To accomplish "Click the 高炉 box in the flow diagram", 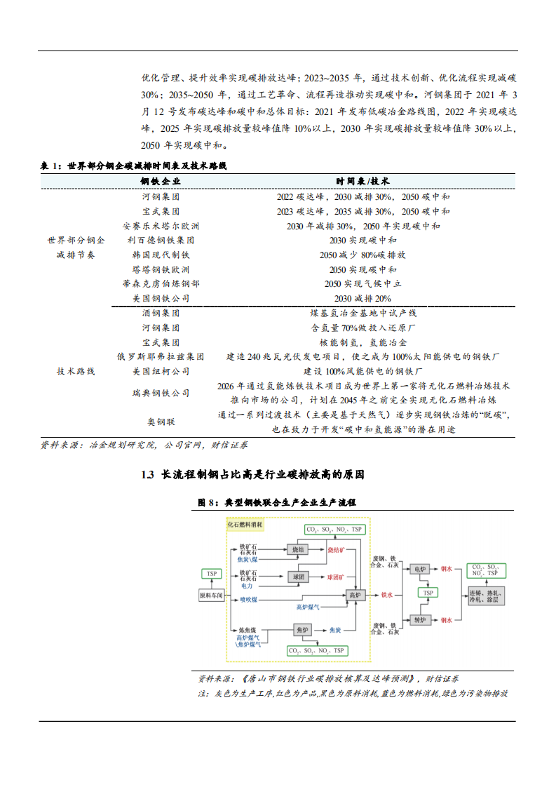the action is click(355, 595).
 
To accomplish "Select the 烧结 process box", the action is click(297, 551).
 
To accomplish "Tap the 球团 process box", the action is click(297, 577).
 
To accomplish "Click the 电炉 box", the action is click(420, 569).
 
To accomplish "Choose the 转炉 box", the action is click(420, 620).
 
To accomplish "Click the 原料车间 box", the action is click(211, 595).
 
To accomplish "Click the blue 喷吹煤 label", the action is click(249, 600).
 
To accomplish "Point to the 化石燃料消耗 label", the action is click(245, 524).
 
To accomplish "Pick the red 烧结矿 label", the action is click(337, 551).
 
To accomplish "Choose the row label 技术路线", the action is click(75, 370).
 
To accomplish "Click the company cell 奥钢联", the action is click(161, 422).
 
